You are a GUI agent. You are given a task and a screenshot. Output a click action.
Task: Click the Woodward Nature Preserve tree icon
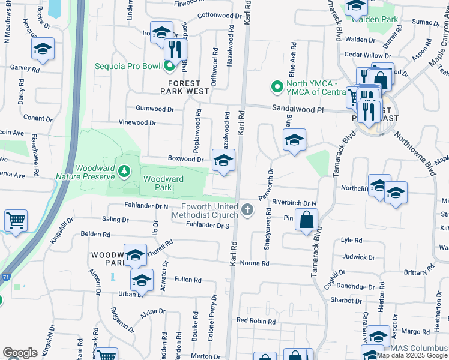coord(124,172)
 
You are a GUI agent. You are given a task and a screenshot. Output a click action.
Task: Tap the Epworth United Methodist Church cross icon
coord(248,210)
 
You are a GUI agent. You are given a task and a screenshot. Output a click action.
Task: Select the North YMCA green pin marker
coord(277,88)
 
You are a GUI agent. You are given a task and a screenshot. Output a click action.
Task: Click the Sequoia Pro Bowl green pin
coord(169,66)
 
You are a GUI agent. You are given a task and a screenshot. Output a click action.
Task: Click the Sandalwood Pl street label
coord(298,110)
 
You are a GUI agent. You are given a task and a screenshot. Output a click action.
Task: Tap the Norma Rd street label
coord(254,263)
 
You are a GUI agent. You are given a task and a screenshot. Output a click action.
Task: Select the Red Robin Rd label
coord(256,321)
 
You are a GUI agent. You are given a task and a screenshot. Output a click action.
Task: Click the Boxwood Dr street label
coord(186,159)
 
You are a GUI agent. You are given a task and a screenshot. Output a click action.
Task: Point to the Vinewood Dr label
coord(137,122)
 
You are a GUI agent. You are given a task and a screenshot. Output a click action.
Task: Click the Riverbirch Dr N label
coord(294,203)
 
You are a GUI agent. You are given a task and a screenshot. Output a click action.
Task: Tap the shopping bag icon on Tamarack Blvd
coord(306,220)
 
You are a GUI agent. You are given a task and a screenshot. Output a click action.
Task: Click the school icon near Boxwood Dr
coord(223,160)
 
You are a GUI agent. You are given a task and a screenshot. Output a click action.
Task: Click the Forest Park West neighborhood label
coord(184,87)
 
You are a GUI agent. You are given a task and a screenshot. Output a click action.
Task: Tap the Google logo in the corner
coord(20,353)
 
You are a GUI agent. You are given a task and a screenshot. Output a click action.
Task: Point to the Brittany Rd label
coord(415,272)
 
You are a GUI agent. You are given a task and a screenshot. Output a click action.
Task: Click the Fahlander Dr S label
coord(208,225)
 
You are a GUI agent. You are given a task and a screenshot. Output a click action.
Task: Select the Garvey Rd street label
coord(23,68)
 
